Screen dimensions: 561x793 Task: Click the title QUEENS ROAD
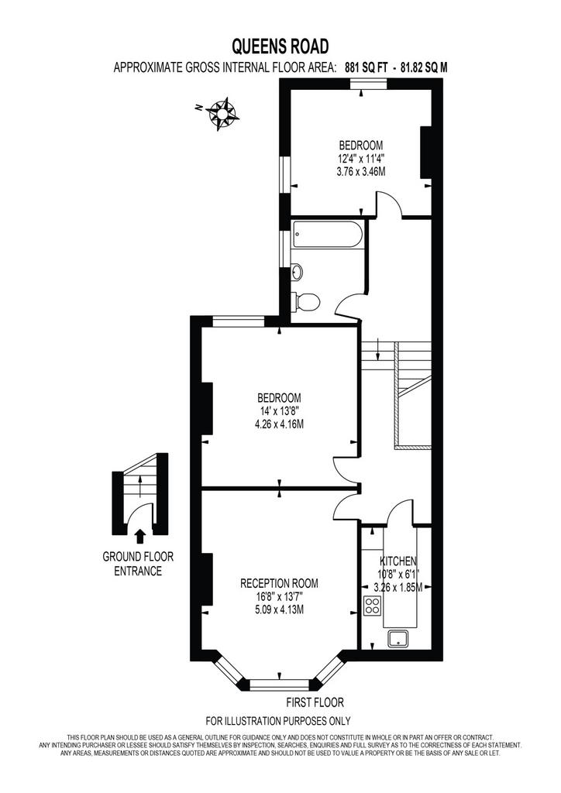coord(280,46)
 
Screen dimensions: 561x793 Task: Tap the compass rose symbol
coord(223,113)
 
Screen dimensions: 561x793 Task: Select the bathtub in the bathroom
coord(327,235)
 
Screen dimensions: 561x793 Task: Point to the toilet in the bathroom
coord(307,303)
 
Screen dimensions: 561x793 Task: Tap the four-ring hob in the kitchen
coord(372,606)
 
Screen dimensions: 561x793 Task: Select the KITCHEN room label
coord(398,561)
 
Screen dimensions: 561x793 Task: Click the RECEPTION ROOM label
coord(279,583)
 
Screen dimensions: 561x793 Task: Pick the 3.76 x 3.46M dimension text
coord(360,172)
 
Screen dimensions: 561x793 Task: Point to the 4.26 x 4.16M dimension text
coord(279,424)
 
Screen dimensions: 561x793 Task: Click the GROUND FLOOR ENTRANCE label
coord(138,564)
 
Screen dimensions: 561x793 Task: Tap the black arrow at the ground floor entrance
coord(140,535)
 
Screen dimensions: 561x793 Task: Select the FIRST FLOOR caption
coord(315,702)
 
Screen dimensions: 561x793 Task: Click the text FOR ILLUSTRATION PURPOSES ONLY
coord(277,721)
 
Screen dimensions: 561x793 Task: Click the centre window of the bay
coord(279,685)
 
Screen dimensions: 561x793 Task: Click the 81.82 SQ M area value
coord(424,67)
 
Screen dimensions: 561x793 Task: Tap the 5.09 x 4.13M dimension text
coord(279,609)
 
